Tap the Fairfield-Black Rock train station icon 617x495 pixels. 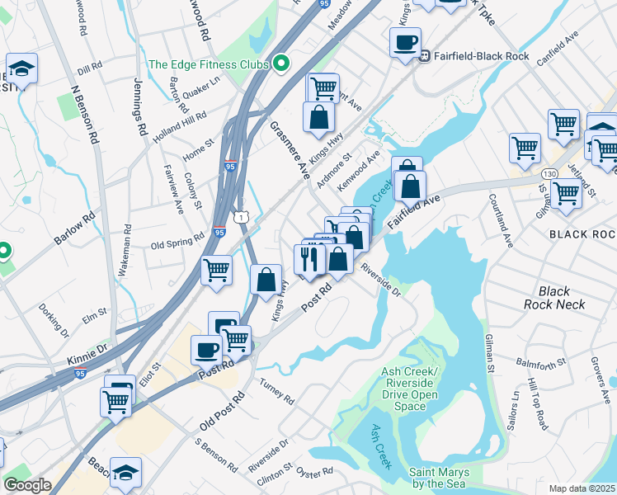coord(425,56)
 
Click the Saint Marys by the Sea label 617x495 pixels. coord(437,478)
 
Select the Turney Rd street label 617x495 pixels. coord(276,394)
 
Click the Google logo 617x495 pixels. coord(27,486)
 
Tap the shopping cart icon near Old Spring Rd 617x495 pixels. coord(217,269)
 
